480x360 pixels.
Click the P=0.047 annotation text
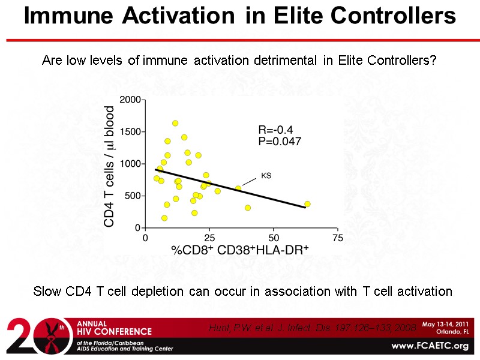(280, 142)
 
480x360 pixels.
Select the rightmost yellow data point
(307, 204)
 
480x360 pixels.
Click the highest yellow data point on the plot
(175, 123)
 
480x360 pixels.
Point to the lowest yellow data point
(164, 218)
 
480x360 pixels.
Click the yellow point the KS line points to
(238, 188)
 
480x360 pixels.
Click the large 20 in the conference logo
(30, 337)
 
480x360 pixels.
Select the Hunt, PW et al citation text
(312, 328)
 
